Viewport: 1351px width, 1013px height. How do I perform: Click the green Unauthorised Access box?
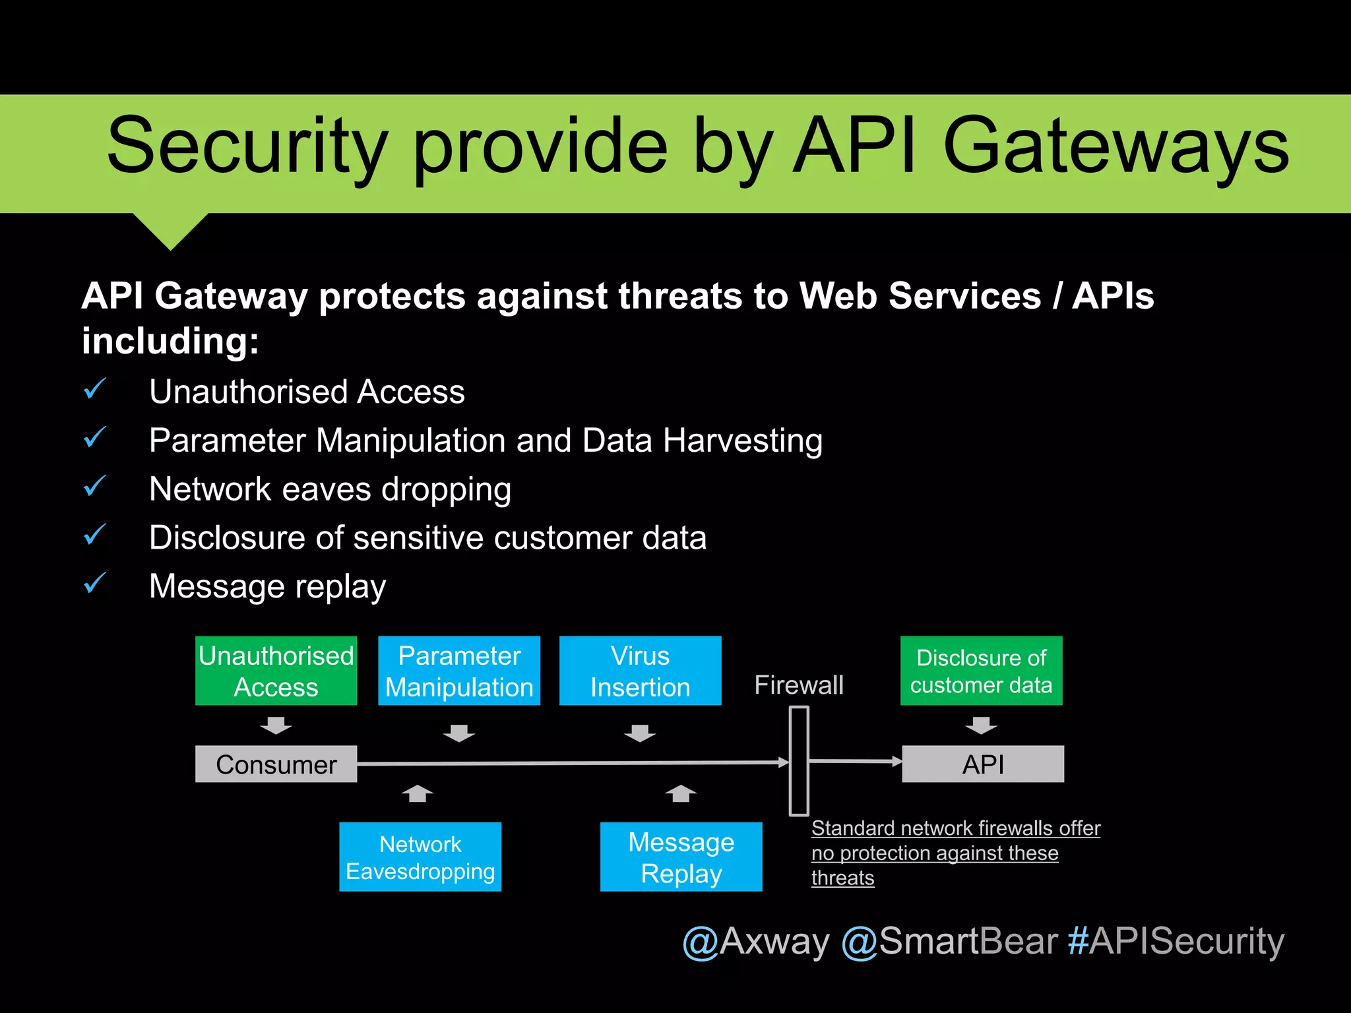coord(276,671)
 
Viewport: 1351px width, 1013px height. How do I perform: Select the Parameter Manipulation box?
coord(458,671)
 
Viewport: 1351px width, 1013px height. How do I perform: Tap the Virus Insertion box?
coord(640,671)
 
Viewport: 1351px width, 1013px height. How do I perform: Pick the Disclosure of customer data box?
coord(981,671)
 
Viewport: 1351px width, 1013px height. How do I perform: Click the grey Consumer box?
coord(276,764)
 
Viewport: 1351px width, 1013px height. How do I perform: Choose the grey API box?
coord(982,764)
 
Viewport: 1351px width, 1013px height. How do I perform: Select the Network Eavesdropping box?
coord(420,857)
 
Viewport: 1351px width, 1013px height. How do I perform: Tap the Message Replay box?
coord(681,857)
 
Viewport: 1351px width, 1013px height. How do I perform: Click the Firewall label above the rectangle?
coord(798,685)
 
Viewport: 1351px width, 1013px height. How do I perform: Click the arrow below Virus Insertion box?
coord(640,733)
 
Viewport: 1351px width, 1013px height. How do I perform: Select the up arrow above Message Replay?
coord(681,793)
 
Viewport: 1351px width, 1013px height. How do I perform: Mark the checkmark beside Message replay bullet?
coord(95,583)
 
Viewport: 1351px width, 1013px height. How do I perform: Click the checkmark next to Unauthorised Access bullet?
coord(95,388)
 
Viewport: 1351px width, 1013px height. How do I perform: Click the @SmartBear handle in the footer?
coord(949,941)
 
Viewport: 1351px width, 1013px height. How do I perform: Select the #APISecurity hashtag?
coord(1176,941)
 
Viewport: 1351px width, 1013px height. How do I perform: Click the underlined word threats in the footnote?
coord(842,878)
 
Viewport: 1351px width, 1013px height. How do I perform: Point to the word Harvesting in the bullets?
coord(742,441)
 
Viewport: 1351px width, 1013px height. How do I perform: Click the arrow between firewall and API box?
coord(855,762)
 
